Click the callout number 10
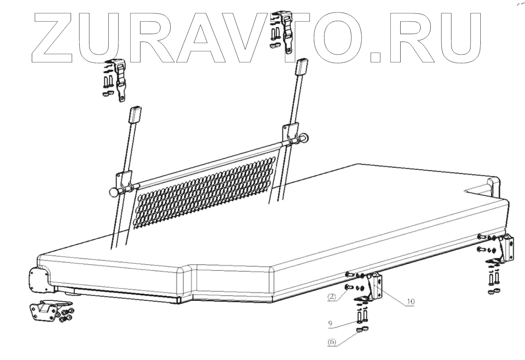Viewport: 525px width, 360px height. coord(410,301)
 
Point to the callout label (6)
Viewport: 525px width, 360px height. coord(332,342)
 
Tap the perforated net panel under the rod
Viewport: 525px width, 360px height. coord(204,192)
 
